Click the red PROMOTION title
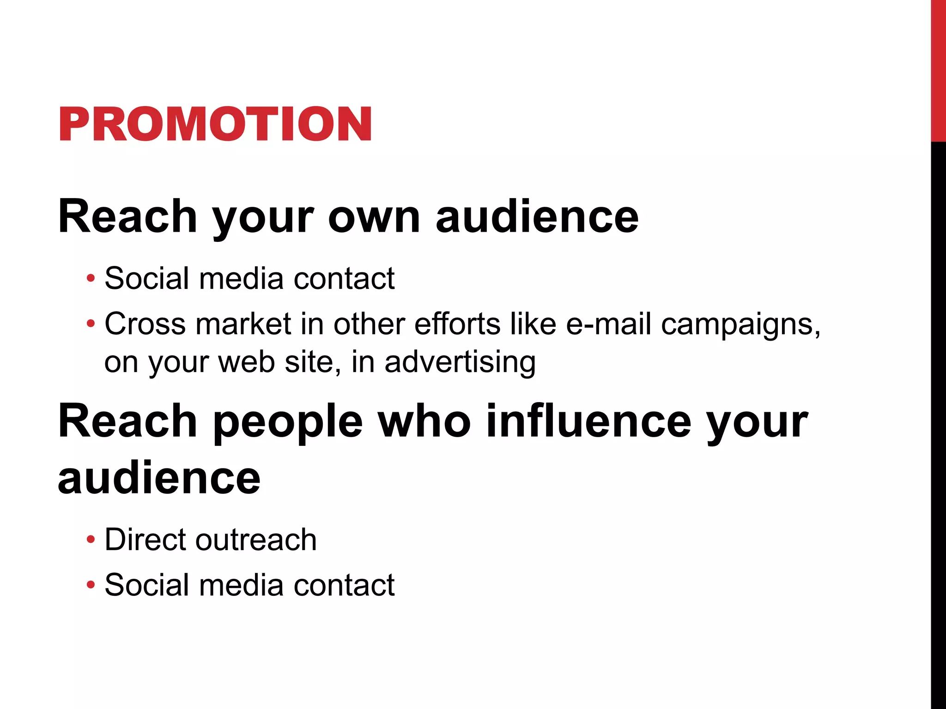[x=215, y=124]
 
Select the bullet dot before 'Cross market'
[x=91, y=324]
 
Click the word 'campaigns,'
[x=740, y=324]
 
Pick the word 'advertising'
[x=460, y=361]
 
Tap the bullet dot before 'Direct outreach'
[x=91, y=539]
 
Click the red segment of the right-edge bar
[x=938, y=69]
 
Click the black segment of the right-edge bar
[x=938, y=415]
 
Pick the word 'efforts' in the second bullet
[x=457, y=324]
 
